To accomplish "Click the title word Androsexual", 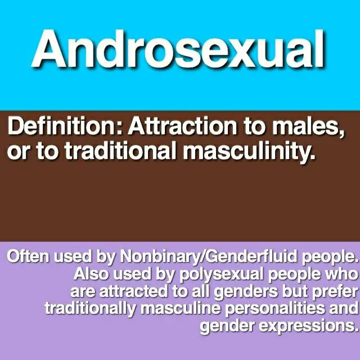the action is click(x=178, y=49).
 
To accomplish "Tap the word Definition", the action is click(x=61, y=126).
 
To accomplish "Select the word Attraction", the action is click(x=182, y=126).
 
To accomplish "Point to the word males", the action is click(x=307, y=127).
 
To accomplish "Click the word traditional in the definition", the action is click(x=120, y=150).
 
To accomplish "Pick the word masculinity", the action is click(x=249, y=151).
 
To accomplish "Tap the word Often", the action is click(x=28, y=256).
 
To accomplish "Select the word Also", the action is click(x=91, y=274).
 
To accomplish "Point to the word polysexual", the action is click(x=221, y=275).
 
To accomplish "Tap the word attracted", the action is click(x=134, y=291).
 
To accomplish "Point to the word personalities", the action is click(x=275, y=309).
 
